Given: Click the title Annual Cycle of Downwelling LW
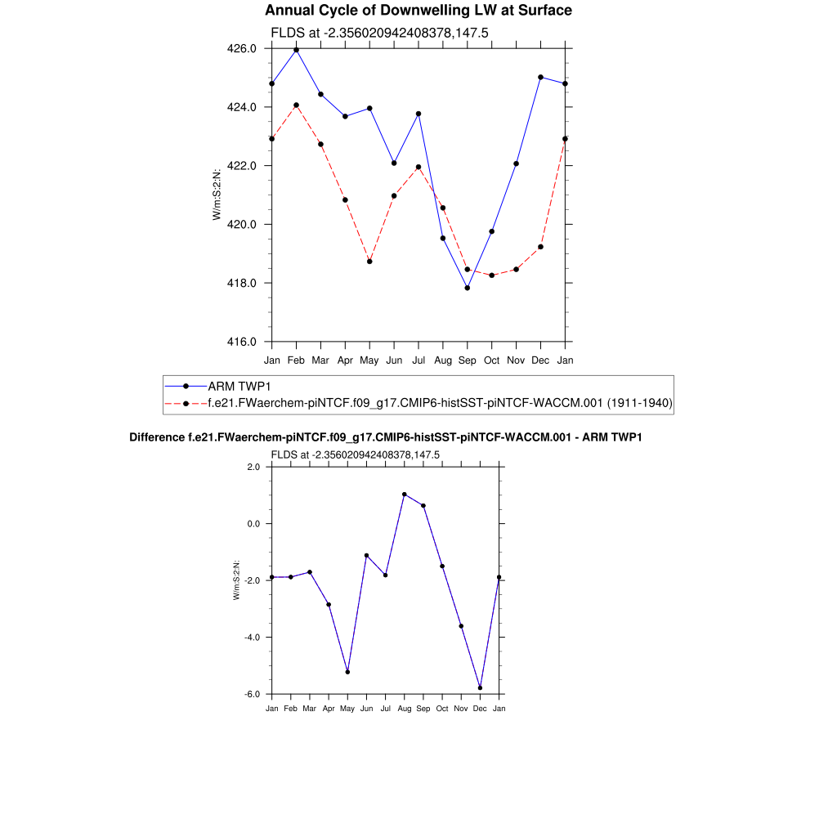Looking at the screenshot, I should (x=418, y=11).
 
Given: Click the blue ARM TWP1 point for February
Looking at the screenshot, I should (x=296, y=50).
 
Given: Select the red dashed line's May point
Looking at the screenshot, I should (x=369, y=262).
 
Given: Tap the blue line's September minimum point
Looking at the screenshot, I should (x=468, y=288).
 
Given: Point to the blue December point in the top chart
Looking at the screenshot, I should (x=540, y=77).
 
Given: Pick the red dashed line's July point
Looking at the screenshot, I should (x=418, y=167).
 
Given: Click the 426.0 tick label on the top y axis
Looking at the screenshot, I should (x=242, y=49).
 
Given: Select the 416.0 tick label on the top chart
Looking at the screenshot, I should (x=242, y=342).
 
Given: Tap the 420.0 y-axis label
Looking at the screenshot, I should (x=242, y=225).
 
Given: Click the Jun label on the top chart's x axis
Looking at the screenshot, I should (x=394, y=360).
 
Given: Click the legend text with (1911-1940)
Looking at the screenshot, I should (x=641, y=403).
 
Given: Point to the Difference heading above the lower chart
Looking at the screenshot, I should (x=386, y=438).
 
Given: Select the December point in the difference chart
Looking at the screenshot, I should (x=480, y=688).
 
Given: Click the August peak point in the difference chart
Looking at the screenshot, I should (x=404, y=495).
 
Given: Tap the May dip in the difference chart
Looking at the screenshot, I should (x=347, y=672).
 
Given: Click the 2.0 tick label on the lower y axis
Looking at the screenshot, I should (x=253, y=467).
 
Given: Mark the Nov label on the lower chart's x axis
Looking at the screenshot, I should (x=461, y=709).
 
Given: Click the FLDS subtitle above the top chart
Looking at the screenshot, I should (x=379, y=33).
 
